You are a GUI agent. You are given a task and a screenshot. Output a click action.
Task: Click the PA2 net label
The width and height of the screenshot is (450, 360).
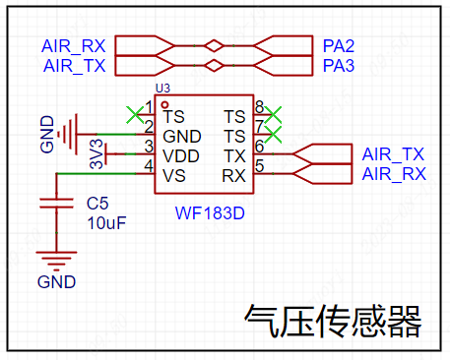pos(339,46)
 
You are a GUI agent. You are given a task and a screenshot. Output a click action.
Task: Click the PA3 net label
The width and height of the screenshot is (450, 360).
pos(339,66)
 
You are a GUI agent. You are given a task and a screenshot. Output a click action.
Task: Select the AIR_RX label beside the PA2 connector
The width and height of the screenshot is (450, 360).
pos(74,46)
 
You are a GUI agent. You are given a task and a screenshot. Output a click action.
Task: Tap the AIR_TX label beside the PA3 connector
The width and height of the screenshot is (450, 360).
pos(75,66)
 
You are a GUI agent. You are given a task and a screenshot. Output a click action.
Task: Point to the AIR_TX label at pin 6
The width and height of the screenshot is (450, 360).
pos(393,154)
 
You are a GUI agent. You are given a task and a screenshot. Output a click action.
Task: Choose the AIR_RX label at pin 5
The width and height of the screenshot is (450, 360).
pos(394,174)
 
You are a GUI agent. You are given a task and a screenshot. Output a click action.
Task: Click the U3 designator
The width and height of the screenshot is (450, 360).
pos(162,89)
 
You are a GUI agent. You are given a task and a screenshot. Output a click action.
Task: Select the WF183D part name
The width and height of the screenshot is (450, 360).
pos(210,213)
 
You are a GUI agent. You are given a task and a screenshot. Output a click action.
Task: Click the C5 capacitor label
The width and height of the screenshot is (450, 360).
pos(97,204)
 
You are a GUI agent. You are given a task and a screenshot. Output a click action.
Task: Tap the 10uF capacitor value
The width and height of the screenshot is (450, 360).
pos(106,223)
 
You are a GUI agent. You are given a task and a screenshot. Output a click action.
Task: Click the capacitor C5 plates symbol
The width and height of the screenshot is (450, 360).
pos(56,204)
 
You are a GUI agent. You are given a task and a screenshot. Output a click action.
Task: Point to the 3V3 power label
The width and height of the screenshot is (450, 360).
pos(96,154)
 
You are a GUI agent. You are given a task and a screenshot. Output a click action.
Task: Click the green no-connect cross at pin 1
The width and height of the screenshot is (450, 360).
pos(135,114)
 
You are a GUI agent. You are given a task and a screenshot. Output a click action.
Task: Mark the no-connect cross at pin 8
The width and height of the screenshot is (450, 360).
pos(273,114)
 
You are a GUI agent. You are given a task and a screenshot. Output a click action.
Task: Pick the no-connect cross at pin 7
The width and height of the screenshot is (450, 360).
pos(273,135)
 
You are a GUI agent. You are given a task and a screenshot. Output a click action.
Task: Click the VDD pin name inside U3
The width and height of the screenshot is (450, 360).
pos(181,156)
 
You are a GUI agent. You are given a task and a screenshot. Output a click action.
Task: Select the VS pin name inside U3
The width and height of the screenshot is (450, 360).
pos(174,176)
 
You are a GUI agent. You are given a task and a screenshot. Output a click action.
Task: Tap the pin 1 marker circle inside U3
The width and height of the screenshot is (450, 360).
pos(164,105)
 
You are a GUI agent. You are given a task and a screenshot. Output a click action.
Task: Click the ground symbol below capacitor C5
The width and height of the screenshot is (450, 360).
pos(56,262)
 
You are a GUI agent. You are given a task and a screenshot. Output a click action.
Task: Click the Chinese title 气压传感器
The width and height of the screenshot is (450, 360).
pos(333,321)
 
